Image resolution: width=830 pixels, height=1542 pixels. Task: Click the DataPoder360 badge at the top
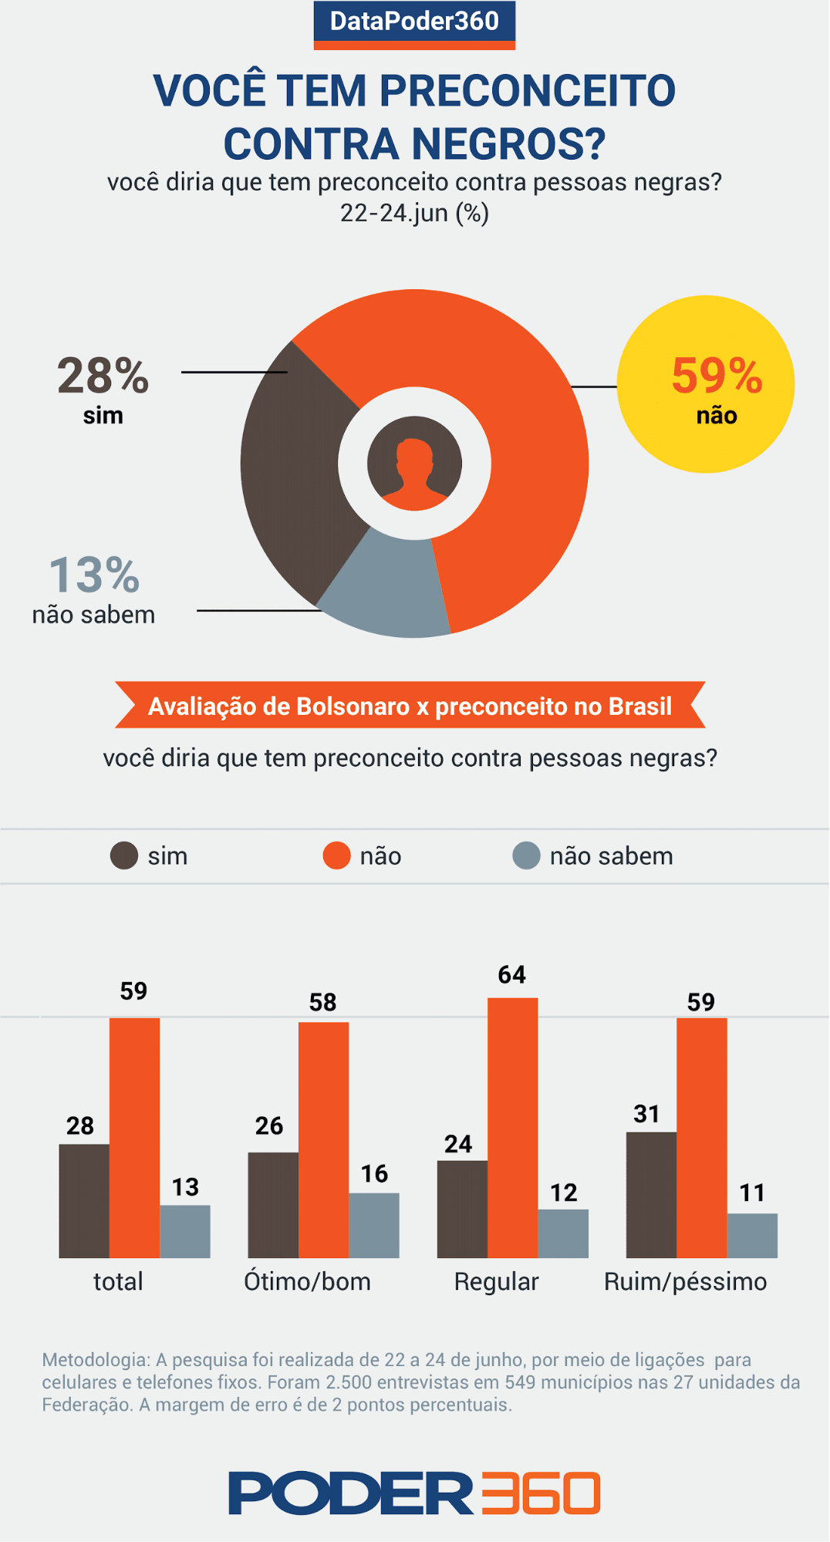pos(414,23)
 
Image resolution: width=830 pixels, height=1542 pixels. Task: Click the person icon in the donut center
pos(414,464)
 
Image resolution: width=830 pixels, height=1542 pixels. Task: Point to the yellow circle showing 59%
pos(706,384)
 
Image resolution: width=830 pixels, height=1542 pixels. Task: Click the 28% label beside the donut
pos(103,376)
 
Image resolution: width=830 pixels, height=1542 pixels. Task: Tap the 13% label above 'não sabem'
pos(94,575)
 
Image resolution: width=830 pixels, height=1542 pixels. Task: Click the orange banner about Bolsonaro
pos(410,706)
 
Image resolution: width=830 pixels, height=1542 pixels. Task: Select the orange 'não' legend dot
pos(336,855)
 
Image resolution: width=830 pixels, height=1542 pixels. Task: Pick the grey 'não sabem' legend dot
pos(526,855)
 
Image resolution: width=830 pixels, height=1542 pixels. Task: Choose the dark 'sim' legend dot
pos(123,855)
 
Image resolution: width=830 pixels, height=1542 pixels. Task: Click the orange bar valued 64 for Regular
pos(512,1126)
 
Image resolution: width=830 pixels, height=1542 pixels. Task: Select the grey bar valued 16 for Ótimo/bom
pos(374,1225)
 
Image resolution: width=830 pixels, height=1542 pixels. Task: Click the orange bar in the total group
pos(134,1138)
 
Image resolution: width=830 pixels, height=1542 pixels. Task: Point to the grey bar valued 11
pos(752,1235)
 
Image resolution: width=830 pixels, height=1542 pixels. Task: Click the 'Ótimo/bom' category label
pos(307,1281)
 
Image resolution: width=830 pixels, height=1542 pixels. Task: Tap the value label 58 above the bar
pos(322,1002)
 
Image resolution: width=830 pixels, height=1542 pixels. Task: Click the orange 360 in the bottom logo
pos(540,1493)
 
